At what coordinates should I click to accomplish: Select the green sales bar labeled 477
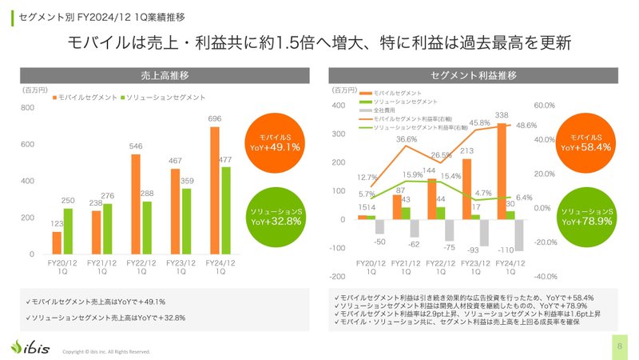(226, 210)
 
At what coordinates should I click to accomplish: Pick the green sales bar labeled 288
(147, 228)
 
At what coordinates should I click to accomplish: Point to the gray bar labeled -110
(518, 234)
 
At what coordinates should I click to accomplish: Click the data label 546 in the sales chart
(136, 146)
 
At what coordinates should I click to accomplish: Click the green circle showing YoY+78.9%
(588, 215)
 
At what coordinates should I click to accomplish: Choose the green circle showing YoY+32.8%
(273, 215)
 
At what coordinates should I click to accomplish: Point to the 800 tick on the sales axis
(27, 107)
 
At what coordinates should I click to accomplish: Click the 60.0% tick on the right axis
(544, 105)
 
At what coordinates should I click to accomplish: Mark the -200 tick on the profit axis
(339, 276)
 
